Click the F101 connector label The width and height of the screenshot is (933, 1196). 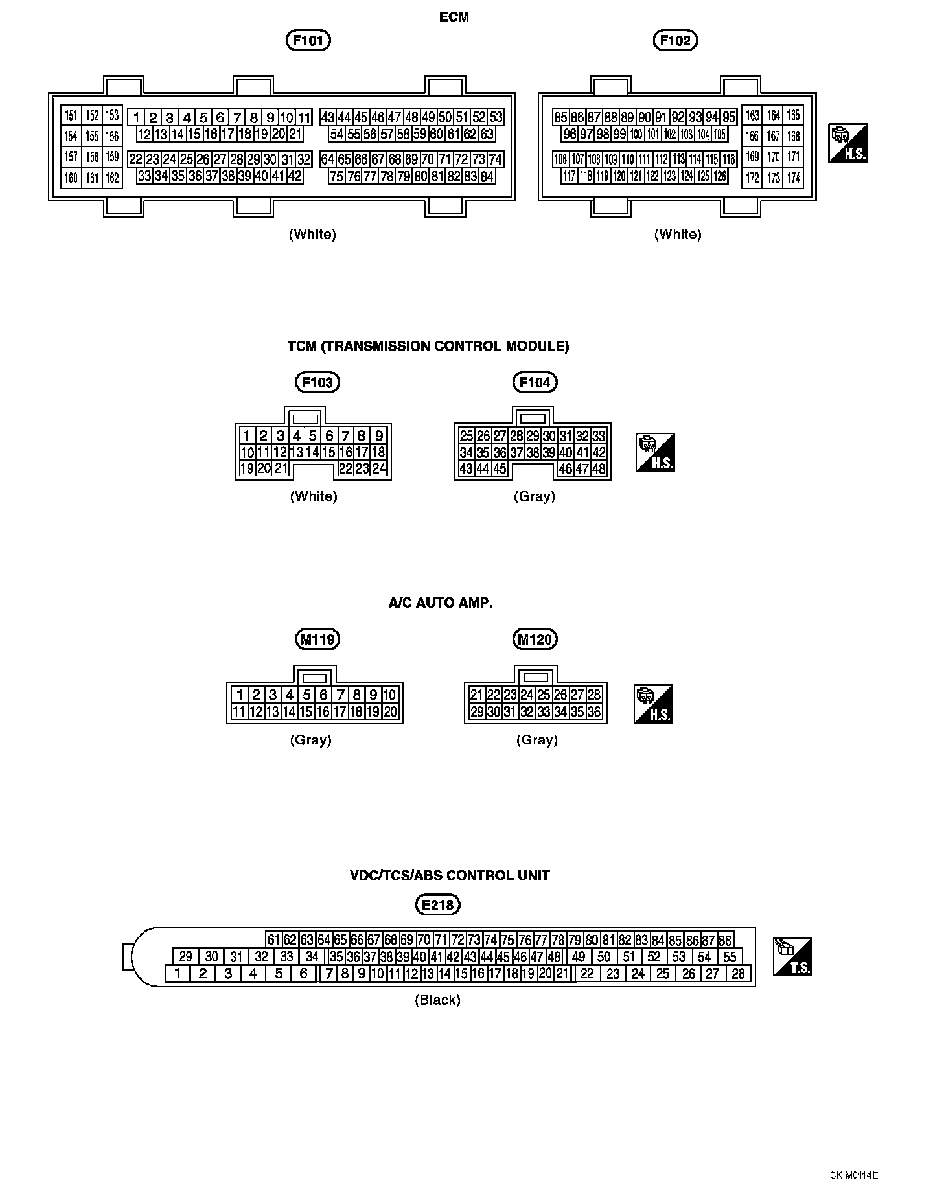[308, 41]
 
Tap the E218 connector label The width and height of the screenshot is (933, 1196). [437, 904]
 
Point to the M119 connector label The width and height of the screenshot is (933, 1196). [317, 640]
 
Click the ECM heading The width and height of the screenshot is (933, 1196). [454, 17]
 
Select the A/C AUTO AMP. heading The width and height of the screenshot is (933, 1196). [441, 603]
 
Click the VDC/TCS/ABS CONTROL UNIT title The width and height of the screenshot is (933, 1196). [450, 875]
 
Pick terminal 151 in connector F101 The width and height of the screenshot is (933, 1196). [71, 115]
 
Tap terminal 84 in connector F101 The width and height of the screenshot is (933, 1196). [487, 176]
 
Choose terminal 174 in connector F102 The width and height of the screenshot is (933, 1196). [794, 177]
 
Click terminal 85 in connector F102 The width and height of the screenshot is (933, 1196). [560, 117]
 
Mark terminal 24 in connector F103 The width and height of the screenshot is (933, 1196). [379, 468]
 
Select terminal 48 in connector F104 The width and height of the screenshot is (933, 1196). [599, 468]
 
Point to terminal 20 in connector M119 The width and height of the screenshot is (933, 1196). [390, 712]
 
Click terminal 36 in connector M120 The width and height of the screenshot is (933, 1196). [594, 712]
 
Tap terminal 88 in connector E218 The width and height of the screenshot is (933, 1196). [726, 941]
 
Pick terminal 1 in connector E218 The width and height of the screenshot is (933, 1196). [178, 973]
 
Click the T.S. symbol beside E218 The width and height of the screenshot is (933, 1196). [792, 956]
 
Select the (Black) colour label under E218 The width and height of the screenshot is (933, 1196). [437, 1000]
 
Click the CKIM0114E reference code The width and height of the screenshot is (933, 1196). [854, 1175]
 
